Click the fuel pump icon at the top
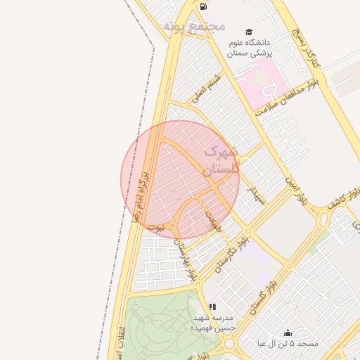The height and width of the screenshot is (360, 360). click(203, 6)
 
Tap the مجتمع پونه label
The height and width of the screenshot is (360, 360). click(194, 26)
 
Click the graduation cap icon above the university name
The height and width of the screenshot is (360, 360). click(248, 32)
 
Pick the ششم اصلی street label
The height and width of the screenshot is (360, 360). click(207, 86)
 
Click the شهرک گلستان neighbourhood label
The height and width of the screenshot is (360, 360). click(221, 160)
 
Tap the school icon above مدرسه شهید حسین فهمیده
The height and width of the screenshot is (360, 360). click(212, 307)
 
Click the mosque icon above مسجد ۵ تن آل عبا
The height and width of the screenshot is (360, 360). click(287, 333)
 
